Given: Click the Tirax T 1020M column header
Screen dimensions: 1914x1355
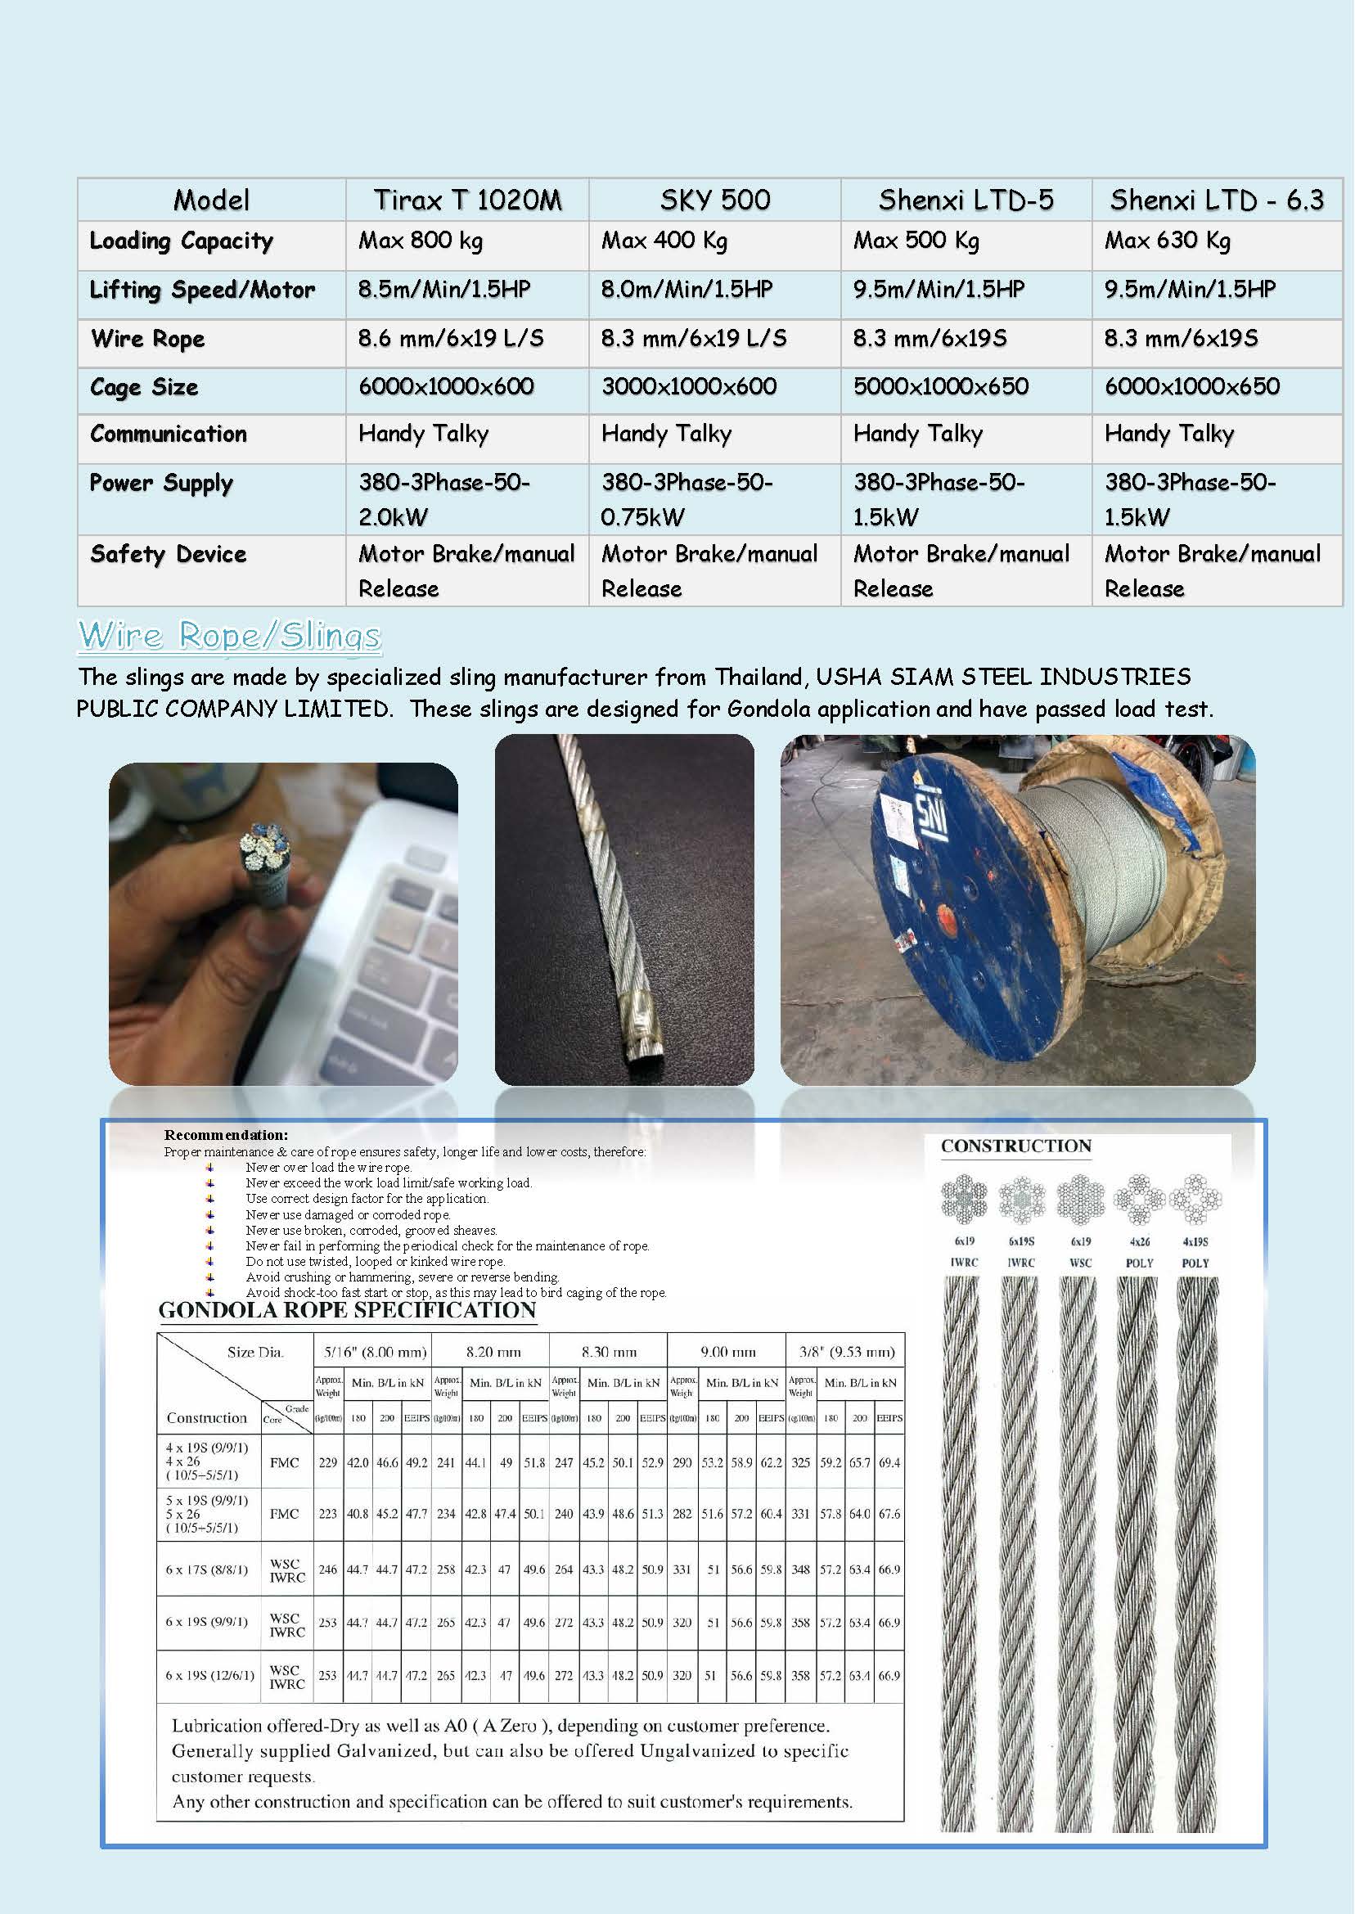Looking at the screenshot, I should (x=467, y=200).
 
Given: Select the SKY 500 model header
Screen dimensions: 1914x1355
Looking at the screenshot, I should (x=715, y=200).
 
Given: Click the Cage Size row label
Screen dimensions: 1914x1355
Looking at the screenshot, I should (x=144, y=388).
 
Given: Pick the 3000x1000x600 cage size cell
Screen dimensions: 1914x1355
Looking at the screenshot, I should (x=689, y=387).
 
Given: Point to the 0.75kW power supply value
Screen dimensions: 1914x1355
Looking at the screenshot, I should (x=642, y=517).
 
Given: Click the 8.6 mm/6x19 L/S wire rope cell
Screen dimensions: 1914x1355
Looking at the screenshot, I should (x=451, y=339).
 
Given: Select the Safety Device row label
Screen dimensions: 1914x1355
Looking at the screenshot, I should (x=168, y=555).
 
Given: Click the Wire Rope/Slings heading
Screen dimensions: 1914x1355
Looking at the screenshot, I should (x=229, y=636).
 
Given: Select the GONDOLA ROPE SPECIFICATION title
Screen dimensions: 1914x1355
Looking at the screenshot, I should (x=347, y=1311).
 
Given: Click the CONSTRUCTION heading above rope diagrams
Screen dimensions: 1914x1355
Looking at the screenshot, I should (x=1015, y=1146).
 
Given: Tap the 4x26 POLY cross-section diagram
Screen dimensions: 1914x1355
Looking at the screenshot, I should (x=1139, y=1199).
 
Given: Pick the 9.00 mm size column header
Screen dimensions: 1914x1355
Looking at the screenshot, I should (x=727, y=1352).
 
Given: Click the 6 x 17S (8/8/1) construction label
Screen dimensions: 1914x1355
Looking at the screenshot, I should (x=206, y=1569).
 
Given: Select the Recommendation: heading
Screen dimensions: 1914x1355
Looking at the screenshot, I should (x=225, y=1136).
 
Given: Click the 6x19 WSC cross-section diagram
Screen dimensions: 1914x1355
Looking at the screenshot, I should (x=1081, y=1199).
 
